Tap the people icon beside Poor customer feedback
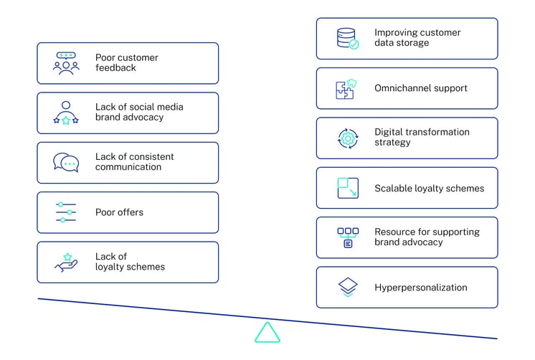66,63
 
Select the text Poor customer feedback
126,63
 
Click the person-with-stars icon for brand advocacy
66,113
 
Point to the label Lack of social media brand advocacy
139,113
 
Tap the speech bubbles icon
66,162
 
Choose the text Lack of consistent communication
134,162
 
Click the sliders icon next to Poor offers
66,212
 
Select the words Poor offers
119,212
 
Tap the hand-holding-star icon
66,262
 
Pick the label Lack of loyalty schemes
130,262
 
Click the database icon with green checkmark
348,38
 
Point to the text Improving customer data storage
417,38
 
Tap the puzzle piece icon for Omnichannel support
346,88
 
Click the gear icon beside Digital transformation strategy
348,138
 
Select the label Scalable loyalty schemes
429,189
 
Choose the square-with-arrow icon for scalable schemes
348,188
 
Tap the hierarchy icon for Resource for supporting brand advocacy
348,237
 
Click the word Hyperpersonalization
420,288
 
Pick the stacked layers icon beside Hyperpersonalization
348,288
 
